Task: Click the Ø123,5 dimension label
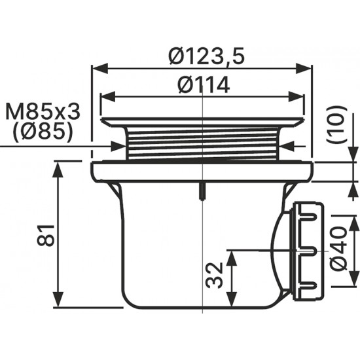206,56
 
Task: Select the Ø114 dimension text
204,84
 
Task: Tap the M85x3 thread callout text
43,112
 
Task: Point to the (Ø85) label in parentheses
43,133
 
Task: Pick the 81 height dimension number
46,236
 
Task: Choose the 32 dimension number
214,276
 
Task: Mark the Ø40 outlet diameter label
338,249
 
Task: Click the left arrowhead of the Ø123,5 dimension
100,69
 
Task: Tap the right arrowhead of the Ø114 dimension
296,97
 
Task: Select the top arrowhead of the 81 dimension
58,170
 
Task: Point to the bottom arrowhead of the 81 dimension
58,299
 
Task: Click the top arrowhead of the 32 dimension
232,259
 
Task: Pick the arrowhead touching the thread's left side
118,146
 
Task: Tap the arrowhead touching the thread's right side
287,146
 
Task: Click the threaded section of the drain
202,143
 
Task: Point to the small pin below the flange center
202,191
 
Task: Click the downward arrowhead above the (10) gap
353,154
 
